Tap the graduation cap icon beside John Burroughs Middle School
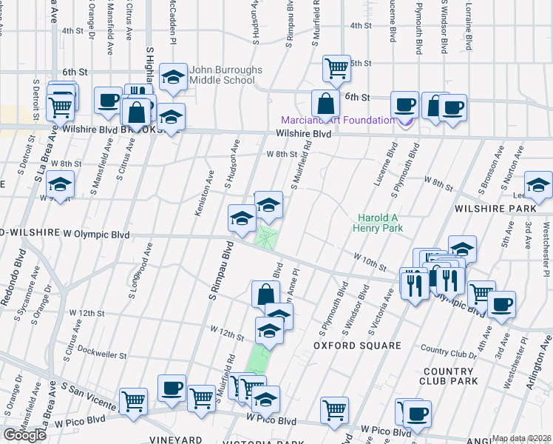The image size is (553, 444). coord(173,78)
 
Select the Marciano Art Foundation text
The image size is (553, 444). coord(337,121)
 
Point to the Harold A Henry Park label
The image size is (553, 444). coord(381,223)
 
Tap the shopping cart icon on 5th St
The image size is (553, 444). coord(336,67)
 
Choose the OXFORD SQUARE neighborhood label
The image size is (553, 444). coord(347,346)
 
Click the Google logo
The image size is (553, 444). coord(24,435)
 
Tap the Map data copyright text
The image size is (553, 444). coord(521,438)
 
